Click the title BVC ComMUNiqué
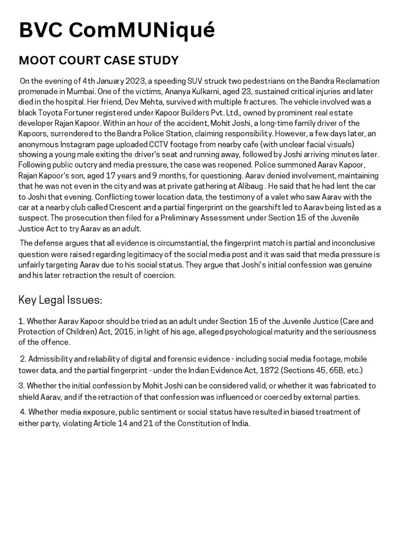[x=117, y=30]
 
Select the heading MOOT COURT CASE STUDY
[x=98, y=60]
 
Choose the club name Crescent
[x=132, y=207]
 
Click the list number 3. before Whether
[x=21, y=386]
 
